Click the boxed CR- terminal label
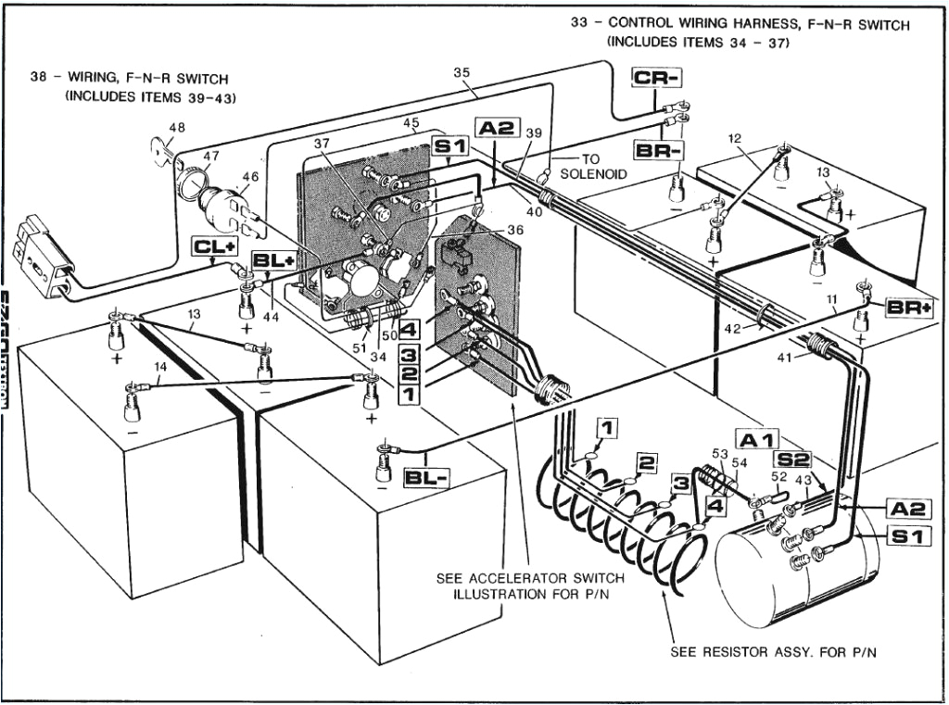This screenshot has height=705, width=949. (656, 79)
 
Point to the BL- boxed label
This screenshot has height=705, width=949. (427, 478)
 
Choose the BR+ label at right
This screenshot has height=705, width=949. (907, 307)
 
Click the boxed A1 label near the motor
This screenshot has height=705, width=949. (758, 440)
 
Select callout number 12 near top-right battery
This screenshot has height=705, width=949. (734, 139)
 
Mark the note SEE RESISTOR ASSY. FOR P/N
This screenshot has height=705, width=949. (774, 652)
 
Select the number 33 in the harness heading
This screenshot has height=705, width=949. (580, 24)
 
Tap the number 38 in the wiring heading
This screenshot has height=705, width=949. (39, 79)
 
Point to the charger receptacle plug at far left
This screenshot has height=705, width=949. (47, 260)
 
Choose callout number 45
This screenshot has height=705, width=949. (411, 123)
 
